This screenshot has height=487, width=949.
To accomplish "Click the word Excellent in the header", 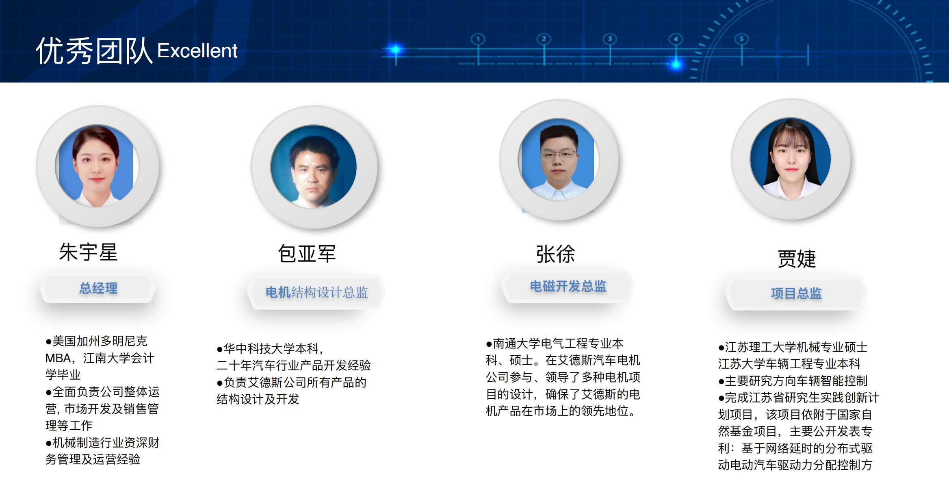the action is [x=197, y=51].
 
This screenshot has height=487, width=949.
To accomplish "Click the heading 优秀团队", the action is [x=94, y=51].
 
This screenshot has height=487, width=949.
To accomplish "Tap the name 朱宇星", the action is [x=89, y=252].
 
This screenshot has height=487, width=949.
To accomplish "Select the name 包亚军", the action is [x=307, y=254].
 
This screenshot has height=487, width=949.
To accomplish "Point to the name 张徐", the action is [x=556, y=254].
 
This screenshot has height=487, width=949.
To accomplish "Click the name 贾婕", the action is [x=797, y=259].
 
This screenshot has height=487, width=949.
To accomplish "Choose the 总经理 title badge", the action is [x=98, y=288].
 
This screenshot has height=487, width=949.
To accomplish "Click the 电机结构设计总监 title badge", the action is [x=316, y=292].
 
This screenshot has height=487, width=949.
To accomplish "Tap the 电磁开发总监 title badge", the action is [x=568, y=286].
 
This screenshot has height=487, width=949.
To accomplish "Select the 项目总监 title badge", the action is [x=796, y=293].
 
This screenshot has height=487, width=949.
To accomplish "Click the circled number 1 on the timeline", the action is [x=478, y=39].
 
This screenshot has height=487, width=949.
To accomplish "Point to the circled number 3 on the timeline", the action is [x=610, y=39].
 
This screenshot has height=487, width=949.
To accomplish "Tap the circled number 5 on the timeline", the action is [x=741, y=39].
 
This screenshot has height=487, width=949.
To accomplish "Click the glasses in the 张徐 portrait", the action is [x=558, y=154].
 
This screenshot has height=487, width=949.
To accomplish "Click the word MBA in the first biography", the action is [x=58, y=358].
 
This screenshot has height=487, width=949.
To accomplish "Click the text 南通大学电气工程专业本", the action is [x=558, y=344].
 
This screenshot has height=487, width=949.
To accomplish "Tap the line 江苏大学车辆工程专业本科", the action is [x=789, y=363].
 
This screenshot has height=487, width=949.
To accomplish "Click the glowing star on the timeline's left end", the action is [x=395, y=50].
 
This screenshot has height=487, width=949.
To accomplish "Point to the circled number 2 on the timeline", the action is [x=544, y=39].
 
